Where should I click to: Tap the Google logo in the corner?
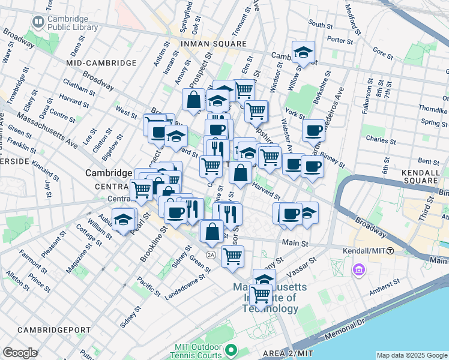[20, 353]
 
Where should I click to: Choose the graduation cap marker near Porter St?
[304, 53]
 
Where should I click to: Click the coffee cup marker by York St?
[313, 131]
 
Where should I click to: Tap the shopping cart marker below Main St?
[232, 257]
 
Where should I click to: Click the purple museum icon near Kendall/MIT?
[359, 270]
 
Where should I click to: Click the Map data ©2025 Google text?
[412, 355]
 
